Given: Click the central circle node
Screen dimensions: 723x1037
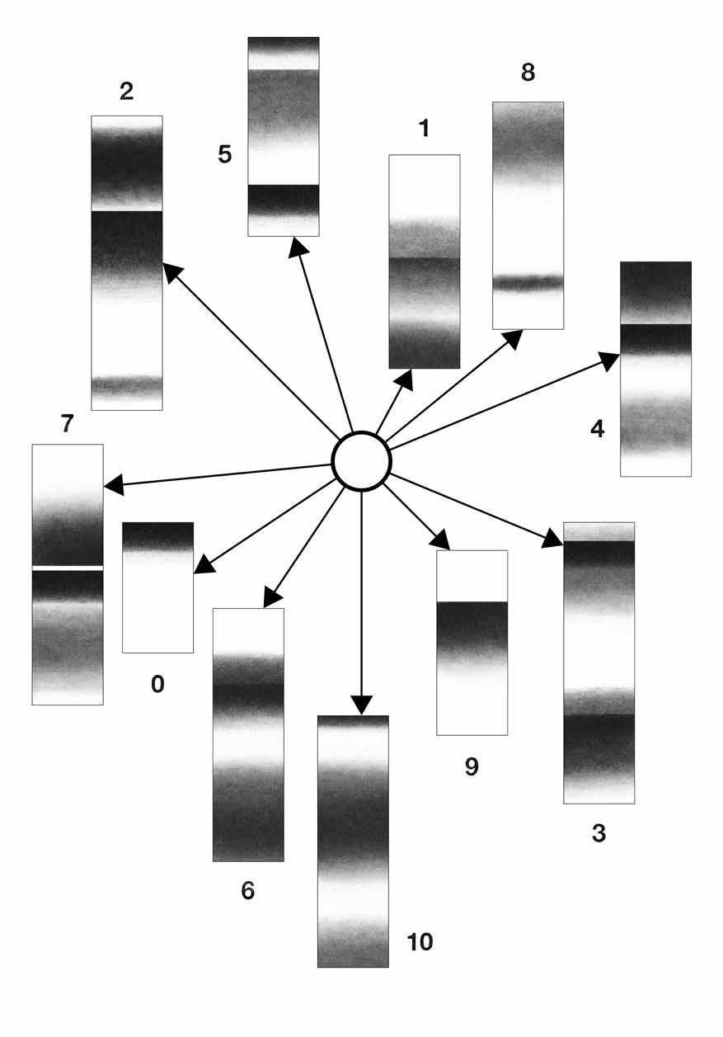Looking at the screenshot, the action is (x=361, y=461).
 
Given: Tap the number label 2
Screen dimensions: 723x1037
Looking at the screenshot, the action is (x=126, y=92).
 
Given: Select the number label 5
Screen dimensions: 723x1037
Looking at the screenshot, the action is (x=225, y=154).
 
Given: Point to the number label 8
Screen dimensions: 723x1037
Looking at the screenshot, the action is (x=528, y=73).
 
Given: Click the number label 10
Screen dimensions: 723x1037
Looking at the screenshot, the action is (x=420, y=941).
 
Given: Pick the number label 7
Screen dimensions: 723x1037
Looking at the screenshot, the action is (x=68, y=423).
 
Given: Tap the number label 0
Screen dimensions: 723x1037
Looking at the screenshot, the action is (x=157, y=684).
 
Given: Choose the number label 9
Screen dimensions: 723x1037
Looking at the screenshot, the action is (x=472, y=766).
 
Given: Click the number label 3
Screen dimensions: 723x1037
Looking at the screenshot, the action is (x=599, y=833).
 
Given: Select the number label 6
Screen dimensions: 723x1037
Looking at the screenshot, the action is (x=248, y=891).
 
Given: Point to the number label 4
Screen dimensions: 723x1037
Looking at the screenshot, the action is (x=597, y=429).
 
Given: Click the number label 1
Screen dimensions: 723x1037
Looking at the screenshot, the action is (x=424, y=129).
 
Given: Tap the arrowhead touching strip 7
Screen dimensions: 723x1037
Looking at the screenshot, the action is (x=114, y=487).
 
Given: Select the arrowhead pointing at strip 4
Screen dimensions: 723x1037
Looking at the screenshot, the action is (x=609, y=360).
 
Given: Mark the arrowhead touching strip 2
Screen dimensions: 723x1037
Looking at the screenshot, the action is (x=171, y=271).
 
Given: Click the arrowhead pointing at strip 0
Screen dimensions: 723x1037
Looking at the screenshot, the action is (x=203, y=567).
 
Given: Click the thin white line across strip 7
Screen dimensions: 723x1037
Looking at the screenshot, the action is (x=68, y=568).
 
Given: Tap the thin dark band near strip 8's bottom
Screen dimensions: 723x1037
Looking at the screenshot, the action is (x=528, y=282).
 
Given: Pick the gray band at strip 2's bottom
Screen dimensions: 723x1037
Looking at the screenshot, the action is (x=126, y=383).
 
